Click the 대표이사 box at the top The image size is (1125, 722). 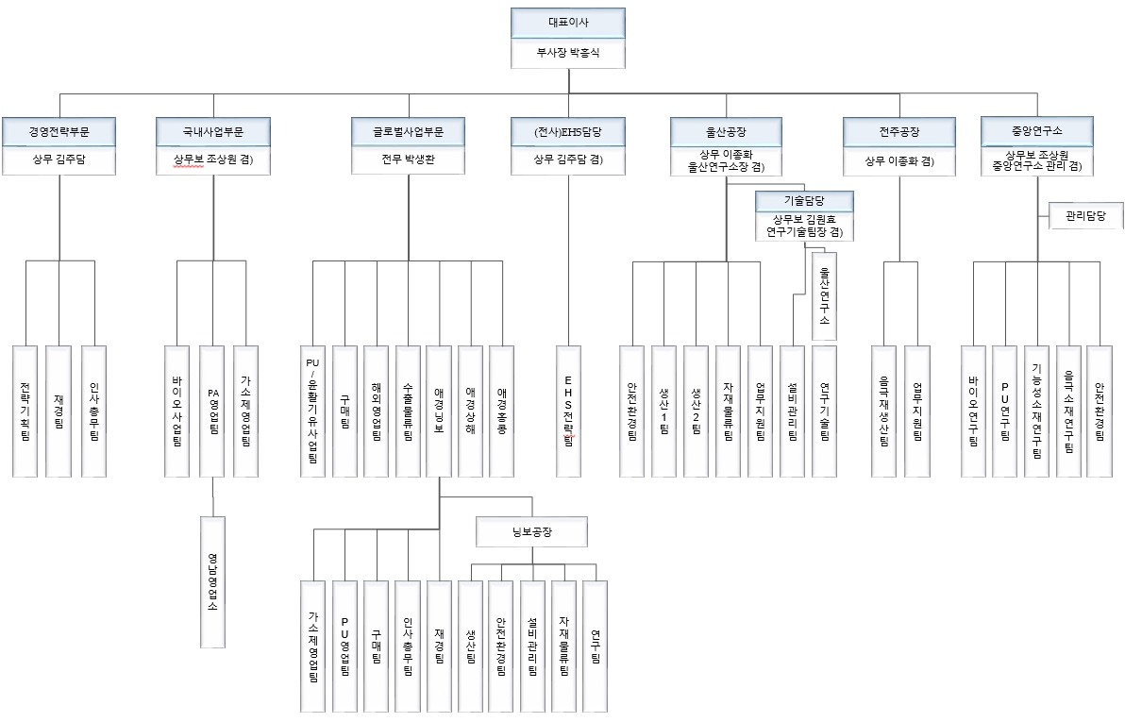tap(567, 23)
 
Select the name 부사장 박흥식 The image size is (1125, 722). tap(567, 53)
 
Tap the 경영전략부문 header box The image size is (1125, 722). tap(59, 131)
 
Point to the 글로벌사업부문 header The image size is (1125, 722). tap(409, 131)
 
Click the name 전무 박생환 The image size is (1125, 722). tap(409, 160)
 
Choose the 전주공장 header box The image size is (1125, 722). tap(898, 131)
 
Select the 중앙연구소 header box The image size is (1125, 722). tap(1036, 131)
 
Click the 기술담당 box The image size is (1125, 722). tap(805, 201)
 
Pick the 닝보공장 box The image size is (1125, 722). tap(532, 532)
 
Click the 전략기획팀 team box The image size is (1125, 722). tap(26, 411)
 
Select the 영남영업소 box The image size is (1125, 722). tap(212, 581)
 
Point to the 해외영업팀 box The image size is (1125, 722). tap(377, 411)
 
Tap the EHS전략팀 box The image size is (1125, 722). tap(569, 411)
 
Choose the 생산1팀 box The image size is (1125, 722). tap(664, 411)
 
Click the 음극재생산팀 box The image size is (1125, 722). tap(885, 411)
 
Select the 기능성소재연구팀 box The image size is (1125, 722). tap(1036, 411)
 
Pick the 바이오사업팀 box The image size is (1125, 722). tap(179, 411)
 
